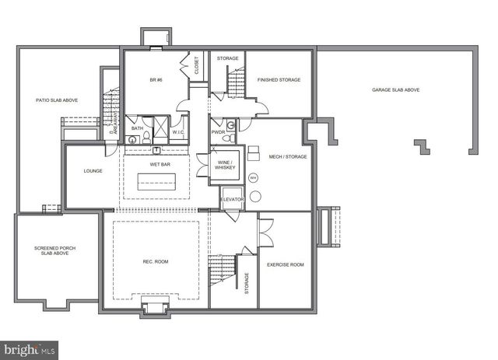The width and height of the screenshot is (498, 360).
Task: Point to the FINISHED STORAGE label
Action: pyautogui.click(x=279, y=80)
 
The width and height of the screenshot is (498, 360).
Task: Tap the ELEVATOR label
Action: pyautogui.click(x=232, y=200)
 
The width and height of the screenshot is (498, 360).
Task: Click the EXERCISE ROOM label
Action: pyautogui.click(x=285, y=264)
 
